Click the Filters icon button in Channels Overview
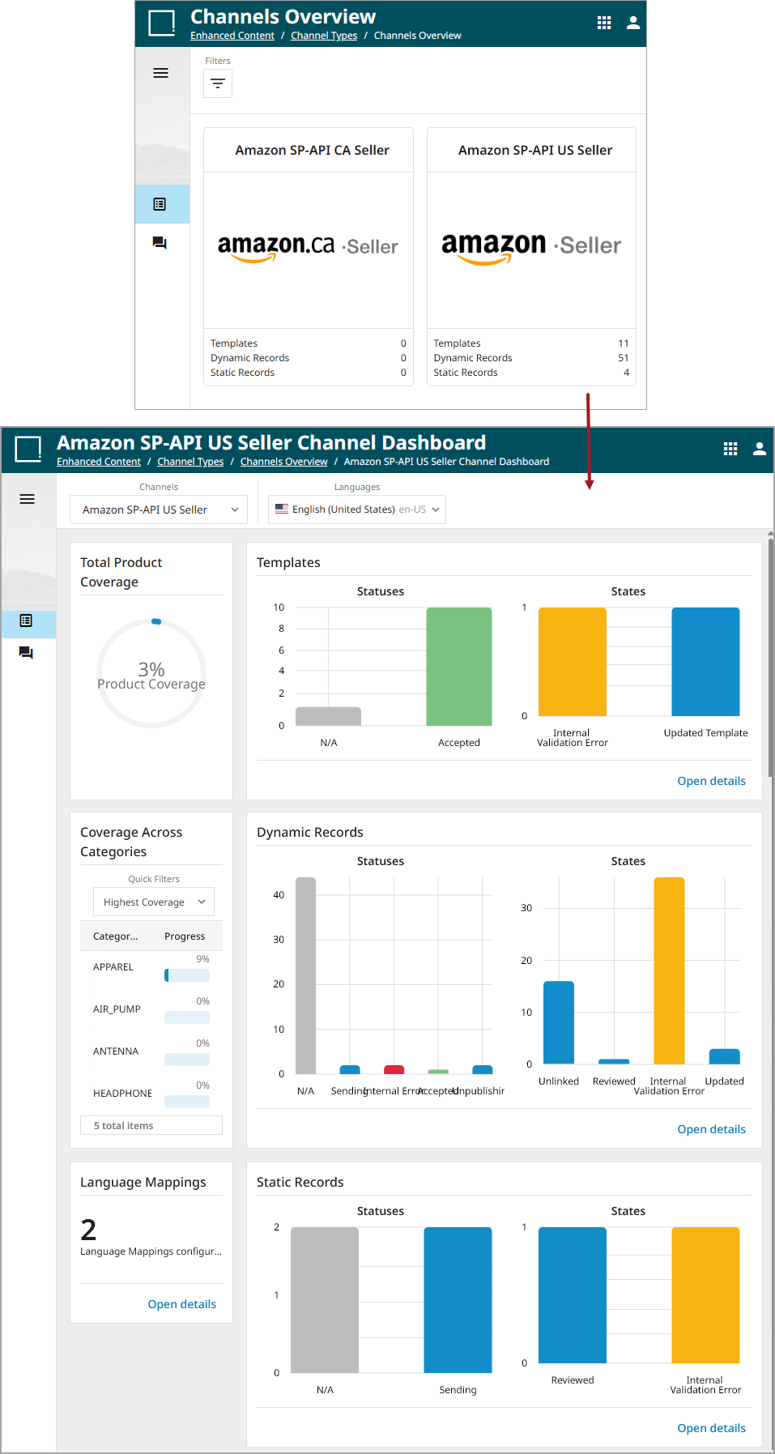click(x=218, y=83)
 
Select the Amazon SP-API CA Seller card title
click(x=312, y=150)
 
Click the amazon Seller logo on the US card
click(x=530, y=247)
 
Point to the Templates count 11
click(x=623, y=343)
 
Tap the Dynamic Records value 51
click(x=623, y=358)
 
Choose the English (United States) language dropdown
click(x=357, y=510)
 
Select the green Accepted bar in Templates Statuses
click(x=458, y=666)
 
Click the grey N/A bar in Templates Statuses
click(x=328, y=716)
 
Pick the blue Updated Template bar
click(x=705, y=662)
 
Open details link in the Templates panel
click(x=711, y=781)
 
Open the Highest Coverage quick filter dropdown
click(x=154, y=902)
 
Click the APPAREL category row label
click(x=113, y=967)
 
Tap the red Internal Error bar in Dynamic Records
click(x=394, y=1070)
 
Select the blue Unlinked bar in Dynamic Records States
click(x=559, y=1022)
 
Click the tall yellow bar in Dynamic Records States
click(x=669, y=970)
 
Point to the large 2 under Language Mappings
click(x=88, y=1230)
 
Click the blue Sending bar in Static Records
click(x=458, y=1299)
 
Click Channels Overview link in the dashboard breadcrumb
click(x=283, y=462)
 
